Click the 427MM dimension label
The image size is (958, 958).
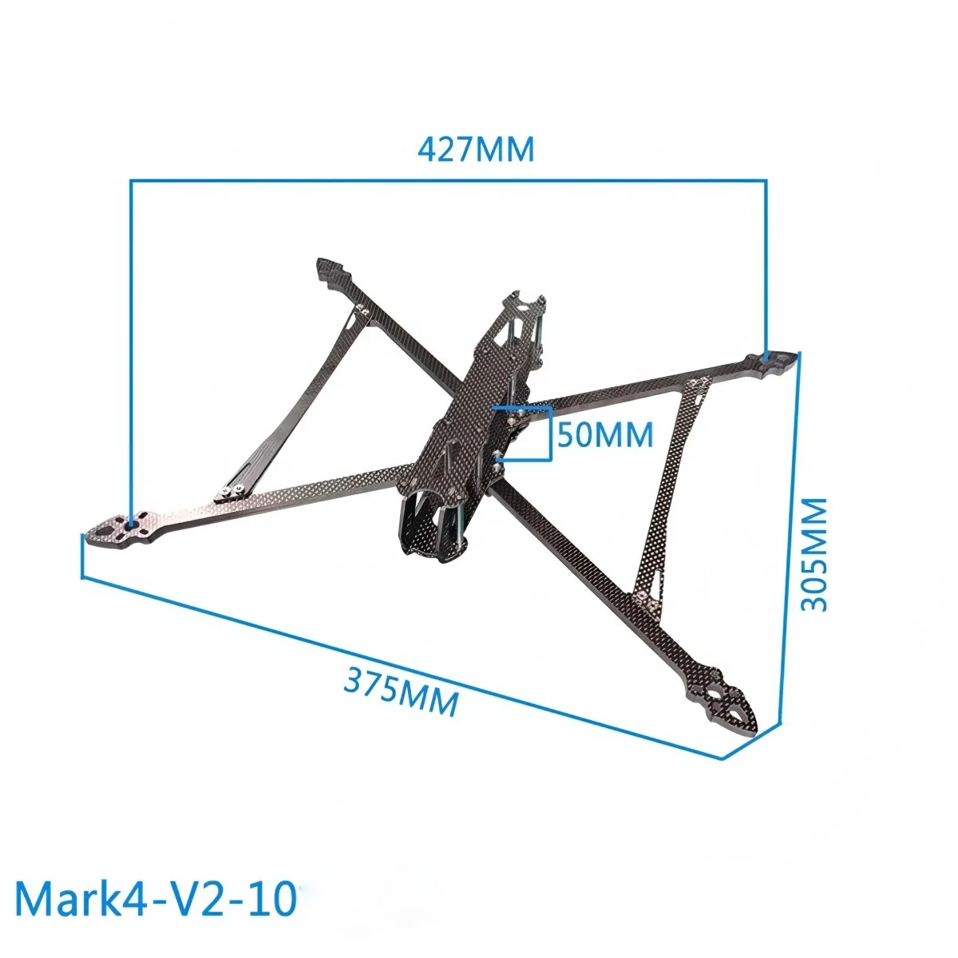click(x=476, y=149)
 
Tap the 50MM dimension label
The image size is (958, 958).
click(x=605, y=435)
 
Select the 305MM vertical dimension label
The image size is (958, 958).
click(x=814, y=555)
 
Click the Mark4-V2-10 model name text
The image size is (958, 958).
click(x=156, y=899)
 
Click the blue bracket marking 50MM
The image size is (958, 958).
click(x=549, y=435)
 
